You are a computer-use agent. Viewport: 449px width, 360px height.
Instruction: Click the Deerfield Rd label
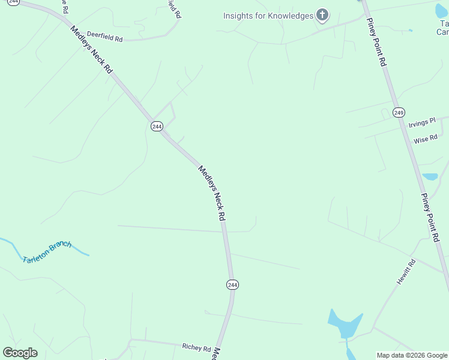point(104,36)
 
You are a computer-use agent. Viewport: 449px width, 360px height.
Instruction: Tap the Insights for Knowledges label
point(268,16)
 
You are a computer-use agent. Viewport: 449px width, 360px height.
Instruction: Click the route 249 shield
point(399,112)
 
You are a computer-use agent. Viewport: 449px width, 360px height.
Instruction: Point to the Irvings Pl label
point(422,122)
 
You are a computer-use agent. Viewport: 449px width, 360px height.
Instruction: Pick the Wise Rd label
point(426,140)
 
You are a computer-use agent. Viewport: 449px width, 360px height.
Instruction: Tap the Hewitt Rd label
point(406,272)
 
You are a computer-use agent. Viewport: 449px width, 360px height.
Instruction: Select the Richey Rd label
point(196,347)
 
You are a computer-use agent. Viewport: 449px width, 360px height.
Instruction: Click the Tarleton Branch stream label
point(47,252)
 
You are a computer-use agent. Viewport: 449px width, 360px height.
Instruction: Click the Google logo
point(20,353)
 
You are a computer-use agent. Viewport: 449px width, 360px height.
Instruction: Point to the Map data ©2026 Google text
point(412,355)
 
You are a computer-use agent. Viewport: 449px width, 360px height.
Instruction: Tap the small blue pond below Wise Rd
point(430,177)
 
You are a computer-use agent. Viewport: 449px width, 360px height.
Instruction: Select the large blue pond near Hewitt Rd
point(345,324)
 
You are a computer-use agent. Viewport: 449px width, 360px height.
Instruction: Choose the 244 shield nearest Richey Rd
point(232,284)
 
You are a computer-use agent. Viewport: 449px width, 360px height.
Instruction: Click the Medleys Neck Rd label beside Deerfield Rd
point(91,50)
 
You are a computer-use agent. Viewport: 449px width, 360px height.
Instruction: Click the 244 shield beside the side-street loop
point(157,126)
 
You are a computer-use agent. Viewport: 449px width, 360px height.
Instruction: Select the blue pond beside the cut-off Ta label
point(441,10)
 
